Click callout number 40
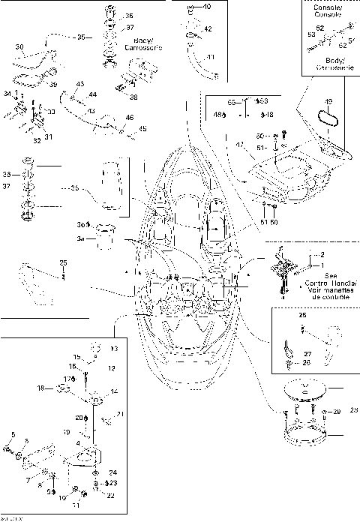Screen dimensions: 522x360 tap(207, 7)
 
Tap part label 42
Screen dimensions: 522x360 tap(208, 28)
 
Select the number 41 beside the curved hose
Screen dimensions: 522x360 tap(210, 57)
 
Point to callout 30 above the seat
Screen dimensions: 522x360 tap(19, 46)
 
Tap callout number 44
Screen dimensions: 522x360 tap(92, 95)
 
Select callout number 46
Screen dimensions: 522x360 tap(129, 118)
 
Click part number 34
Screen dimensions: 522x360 tap(8, 93)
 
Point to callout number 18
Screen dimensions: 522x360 tap(41, 388)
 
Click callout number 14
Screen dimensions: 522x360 tap(114, 391)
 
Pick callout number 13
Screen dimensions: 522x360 tap(114, 349)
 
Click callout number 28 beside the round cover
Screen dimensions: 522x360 tap(354, 410)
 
